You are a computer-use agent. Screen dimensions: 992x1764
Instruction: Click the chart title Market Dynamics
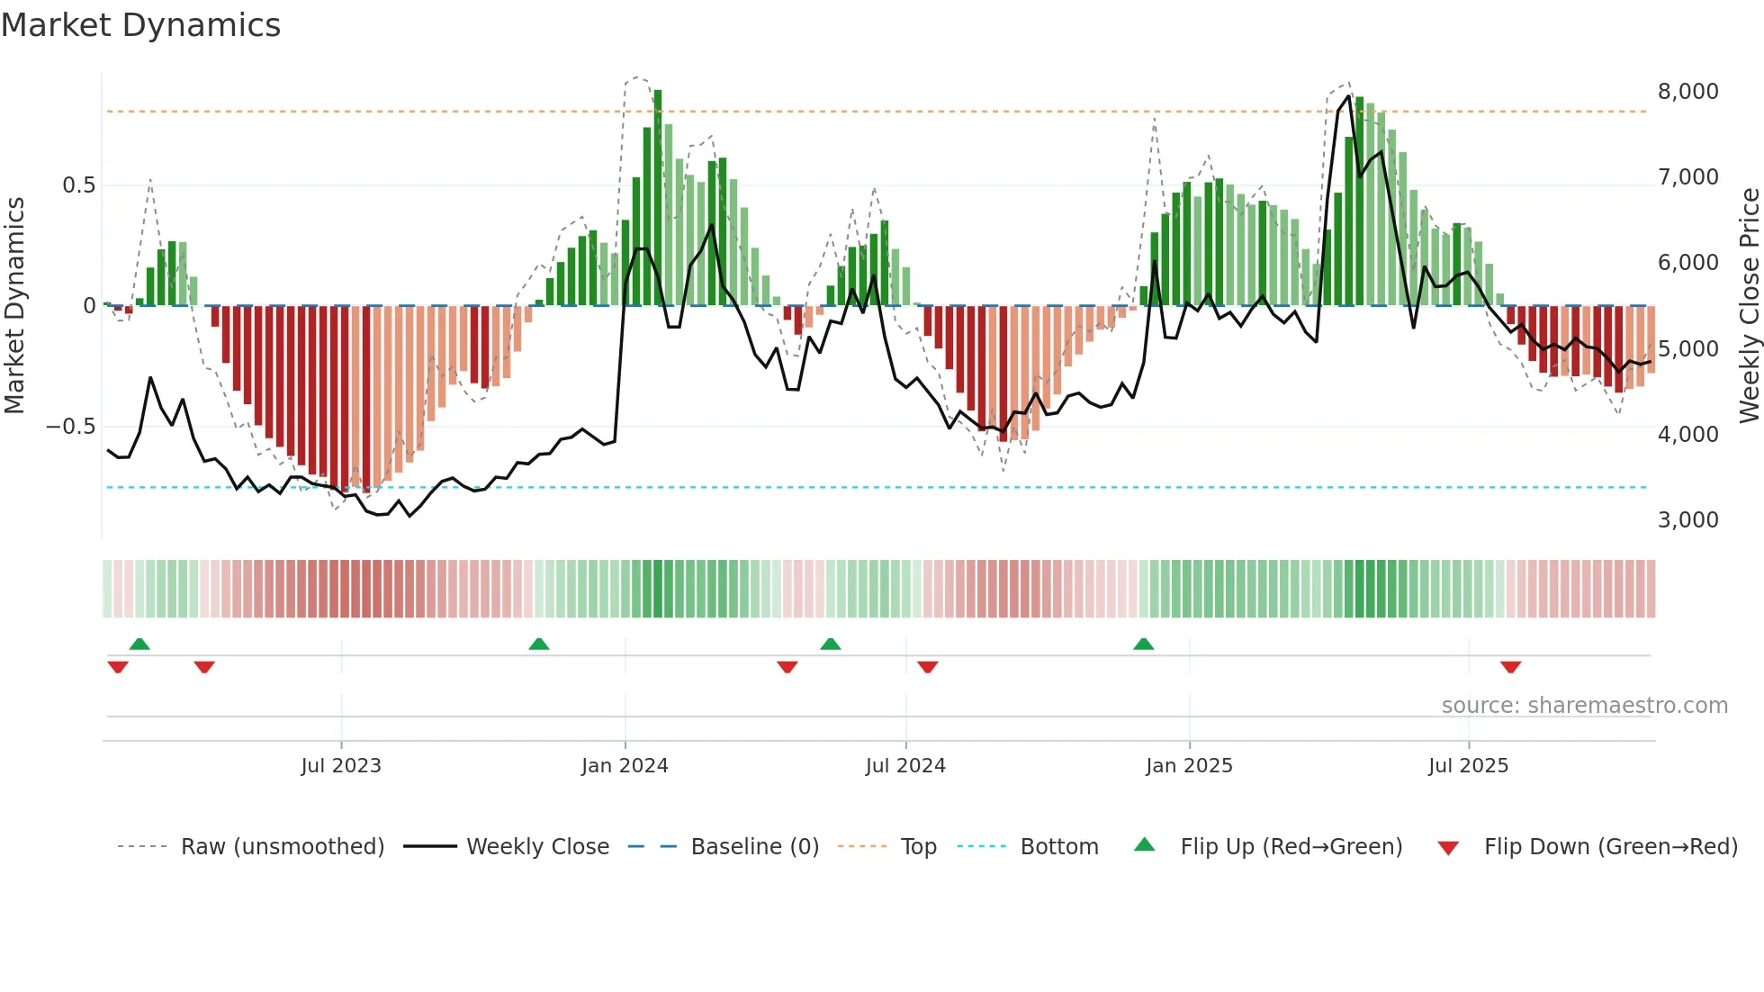pyautogui.click(x=140, y=25)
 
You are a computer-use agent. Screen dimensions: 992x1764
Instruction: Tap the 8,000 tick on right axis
pyautogui.click(x=1687, y=92)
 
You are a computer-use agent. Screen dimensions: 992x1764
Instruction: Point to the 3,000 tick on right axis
pyautogui.click(x=1687, y=520)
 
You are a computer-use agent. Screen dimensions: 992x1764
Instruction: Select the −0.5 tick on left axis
pyautogui.click(x=71, y=427)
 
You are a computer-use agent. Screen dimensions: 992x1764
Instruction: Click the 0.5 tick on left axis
pyautogui.click(x=78, y=185)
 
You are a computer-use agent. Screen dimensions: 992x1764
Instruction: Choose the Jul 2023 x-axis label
pyautogui.click(x=341, y=766)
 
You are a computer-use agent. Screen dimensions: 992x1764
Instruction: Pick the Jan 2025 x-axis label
pyautogui.click(x=1189, y=766)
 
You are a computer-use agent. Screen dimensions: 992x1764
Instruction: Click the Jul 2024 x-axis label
pyautogui.click(x=905, y=766)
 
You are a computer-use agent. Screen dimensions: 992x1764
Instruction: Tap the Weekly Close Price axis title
pyautogui.click(x=1749, y=305)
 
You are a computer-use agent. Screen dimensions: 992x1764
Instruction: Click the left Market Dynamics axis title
pyautogui.click(x=14, y=305)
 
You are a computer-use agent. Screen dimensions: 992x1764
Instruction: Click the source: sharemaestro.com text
pyautogui.click(x=1584, y=706)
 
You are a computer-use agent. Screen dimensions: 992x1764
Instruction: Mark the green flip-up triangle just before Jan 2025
pyautogui.click(x=1143, y=645)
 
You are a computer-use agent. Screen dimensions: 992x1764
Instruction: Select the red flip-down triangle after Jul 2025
pyautogui.click(x=1510, y=667)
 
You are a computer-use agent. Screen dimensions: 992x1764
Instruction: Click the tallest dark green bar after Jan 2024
pyautogui.click(x=658, y=198)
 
